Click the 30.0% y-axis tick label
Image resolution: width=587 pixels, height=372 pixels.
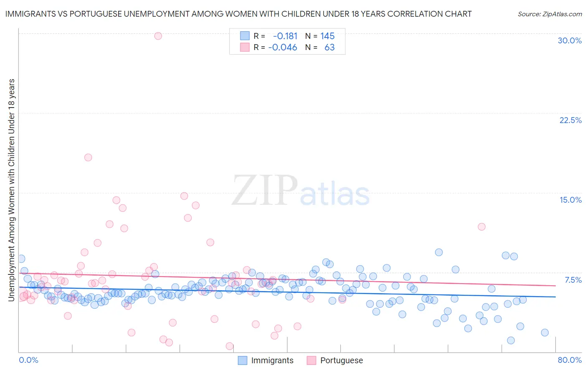point(569,40)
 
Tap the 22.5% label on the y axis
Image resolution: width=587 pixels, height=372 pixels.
point(570,120)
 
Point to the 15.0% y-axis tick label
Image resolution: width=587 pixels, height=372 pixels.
point(570,200)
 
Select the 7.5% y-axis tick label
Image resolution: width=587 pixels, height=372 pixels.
point(573,280)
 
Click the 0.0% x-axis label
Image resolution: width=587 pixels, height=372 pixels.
point(28,360)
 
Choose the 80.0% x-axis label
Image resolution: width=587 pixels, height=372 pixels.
point(569,360)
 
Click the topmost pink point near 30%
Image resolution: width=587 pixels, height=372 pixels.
point(158,36)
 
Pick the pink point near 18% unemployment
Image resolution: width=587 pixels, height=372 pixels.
point(88,157)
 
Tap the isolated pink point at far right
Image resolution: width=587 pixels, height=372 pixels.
point(481,226)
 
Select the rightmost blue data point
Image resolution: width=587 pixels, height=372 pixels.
point(544,332)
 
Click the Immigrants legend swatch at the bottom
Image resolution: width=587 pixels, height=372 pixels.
point(243,360)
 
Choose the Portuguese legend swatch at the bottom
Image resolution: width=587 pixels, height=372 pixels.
point(311,360)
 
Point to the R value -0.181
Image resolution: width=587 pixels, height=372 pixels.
point(285,36)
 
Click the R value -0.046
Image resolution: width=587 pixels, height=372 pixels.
point(283,47)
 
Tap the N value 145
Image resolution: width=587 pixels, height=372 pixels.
point(327,36)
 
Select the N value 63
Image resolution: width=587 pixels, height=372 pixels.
point(329,47)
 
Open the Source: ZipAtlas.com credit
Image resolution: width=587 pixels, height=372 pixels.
point(549,14)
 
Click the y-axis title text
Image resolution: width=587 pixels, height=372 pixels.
point(11,190)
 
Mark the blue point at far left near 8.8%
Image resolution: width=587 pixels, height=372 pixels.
point(21,259)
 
